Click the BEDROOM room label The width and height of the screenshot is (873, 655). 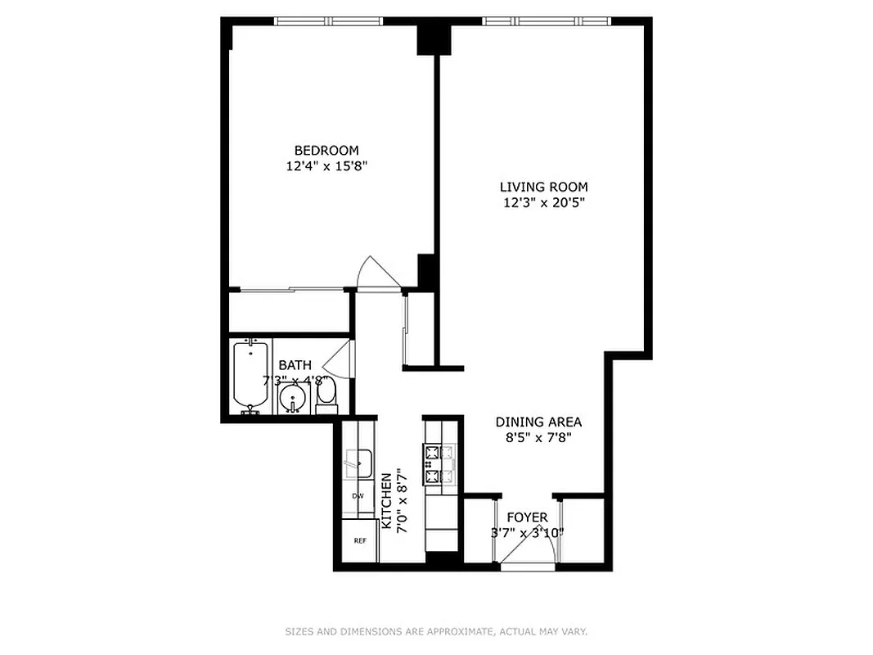pyautogui.click(x=326, y=151)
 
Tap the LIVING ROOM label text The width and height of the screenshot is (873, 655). pyautogui.click(x=544, y=187)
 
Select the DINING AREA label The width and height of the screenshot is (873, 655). pyautogui.click(x=538, y=422)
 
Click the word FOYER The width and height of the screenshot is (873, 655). pyautogui.click(x=527, y=517)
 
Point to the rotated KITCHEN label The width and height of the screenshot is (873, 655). pyautogui.click(x=387, y=500)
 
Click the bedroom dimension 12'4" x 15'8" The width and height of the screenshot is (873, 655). pyautogui.click(x=326, y=166)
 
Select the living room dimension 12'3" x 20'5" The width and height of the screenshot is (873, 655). pyautogui.click(x=544, y=202)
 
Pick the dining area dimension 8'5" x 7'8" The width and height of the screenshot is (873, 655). pyautogui.click(x=538, y=437)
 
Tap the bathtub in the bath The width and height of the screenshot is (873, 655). pyautogui.click(x=250, y=375)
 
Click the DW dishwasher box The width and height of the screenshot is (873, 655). pyautogui.click(x=358, y=496)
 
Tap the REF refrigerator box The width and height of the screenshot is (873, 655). pyautogui.click(x=359, y=540)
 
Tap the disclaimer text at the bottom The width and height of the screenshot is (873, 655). pyautogui.click(x=436, y=631)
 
